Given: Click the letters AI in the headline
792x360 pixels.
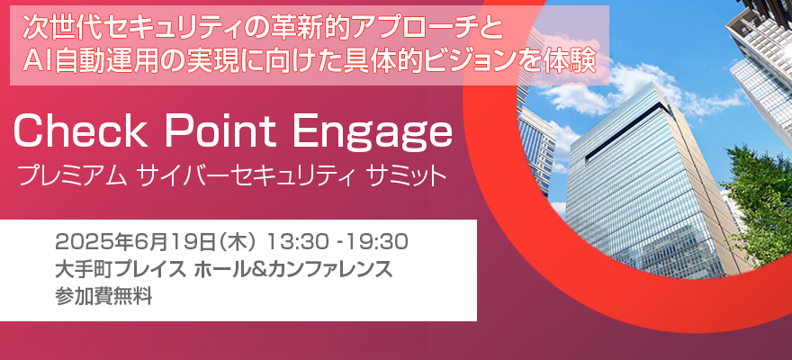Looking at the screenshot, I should click(x=37, y=63).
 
